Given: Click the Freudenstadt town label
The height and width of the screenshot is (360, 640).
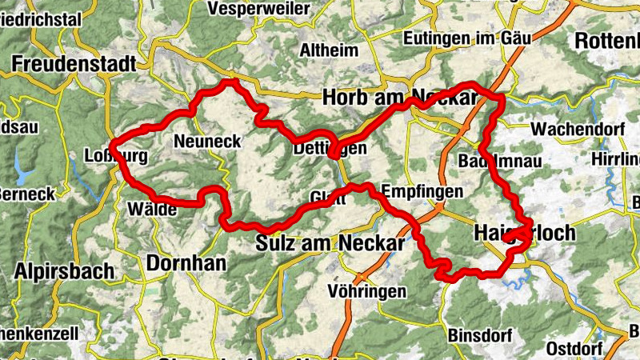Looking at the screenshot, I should click(74, 63).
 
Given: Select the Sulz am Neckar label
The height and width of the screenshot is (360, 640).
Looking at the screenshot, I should click(330, 242).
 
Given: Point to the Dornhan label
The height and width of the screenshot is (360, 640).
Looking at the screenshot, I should click(186, 262).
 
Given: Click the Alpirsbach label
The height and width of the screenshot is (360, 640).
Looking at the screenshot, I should click(65, 270).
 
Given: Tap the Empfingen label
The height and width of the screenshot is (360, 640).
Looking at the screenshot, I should click(422, 192).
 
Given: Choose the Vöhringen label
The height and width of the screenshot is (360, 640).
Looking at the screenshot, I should click(368, 291).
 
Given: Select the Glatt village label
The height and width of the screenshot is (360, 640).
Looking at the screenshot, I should click(327, 199).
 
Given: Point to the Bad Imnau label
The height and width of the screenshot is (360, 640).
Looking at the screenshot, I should click(501, 161).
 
